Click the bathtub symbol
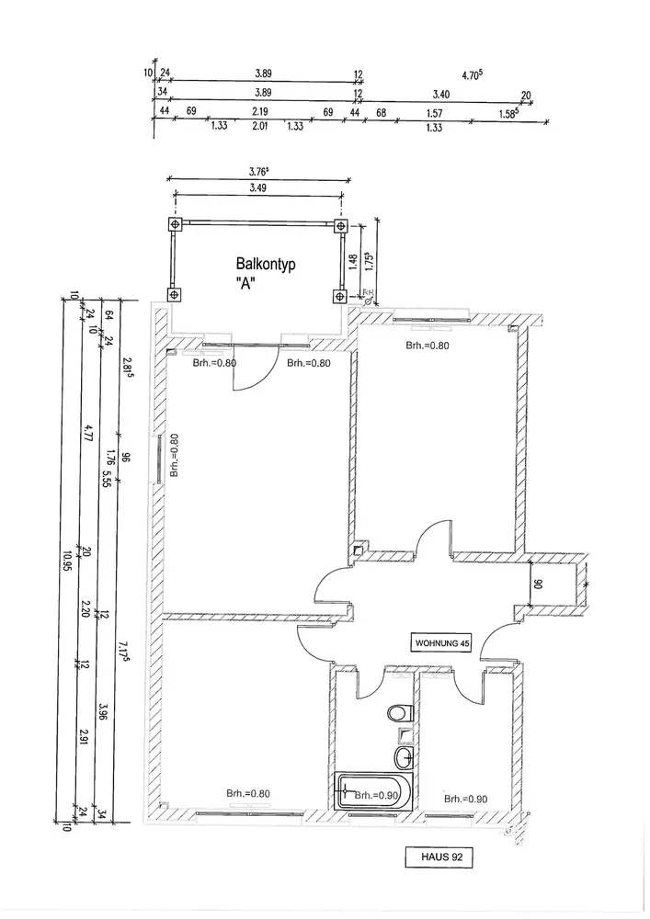370,792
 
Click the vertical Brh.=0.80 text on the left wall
174,456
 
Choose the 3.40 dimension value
440,94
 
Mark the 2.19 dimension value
258,111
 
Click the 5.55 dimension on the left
107,478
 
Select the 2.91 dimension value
86,735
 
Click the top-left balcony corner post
173,224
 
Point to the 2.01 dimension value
258,128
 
